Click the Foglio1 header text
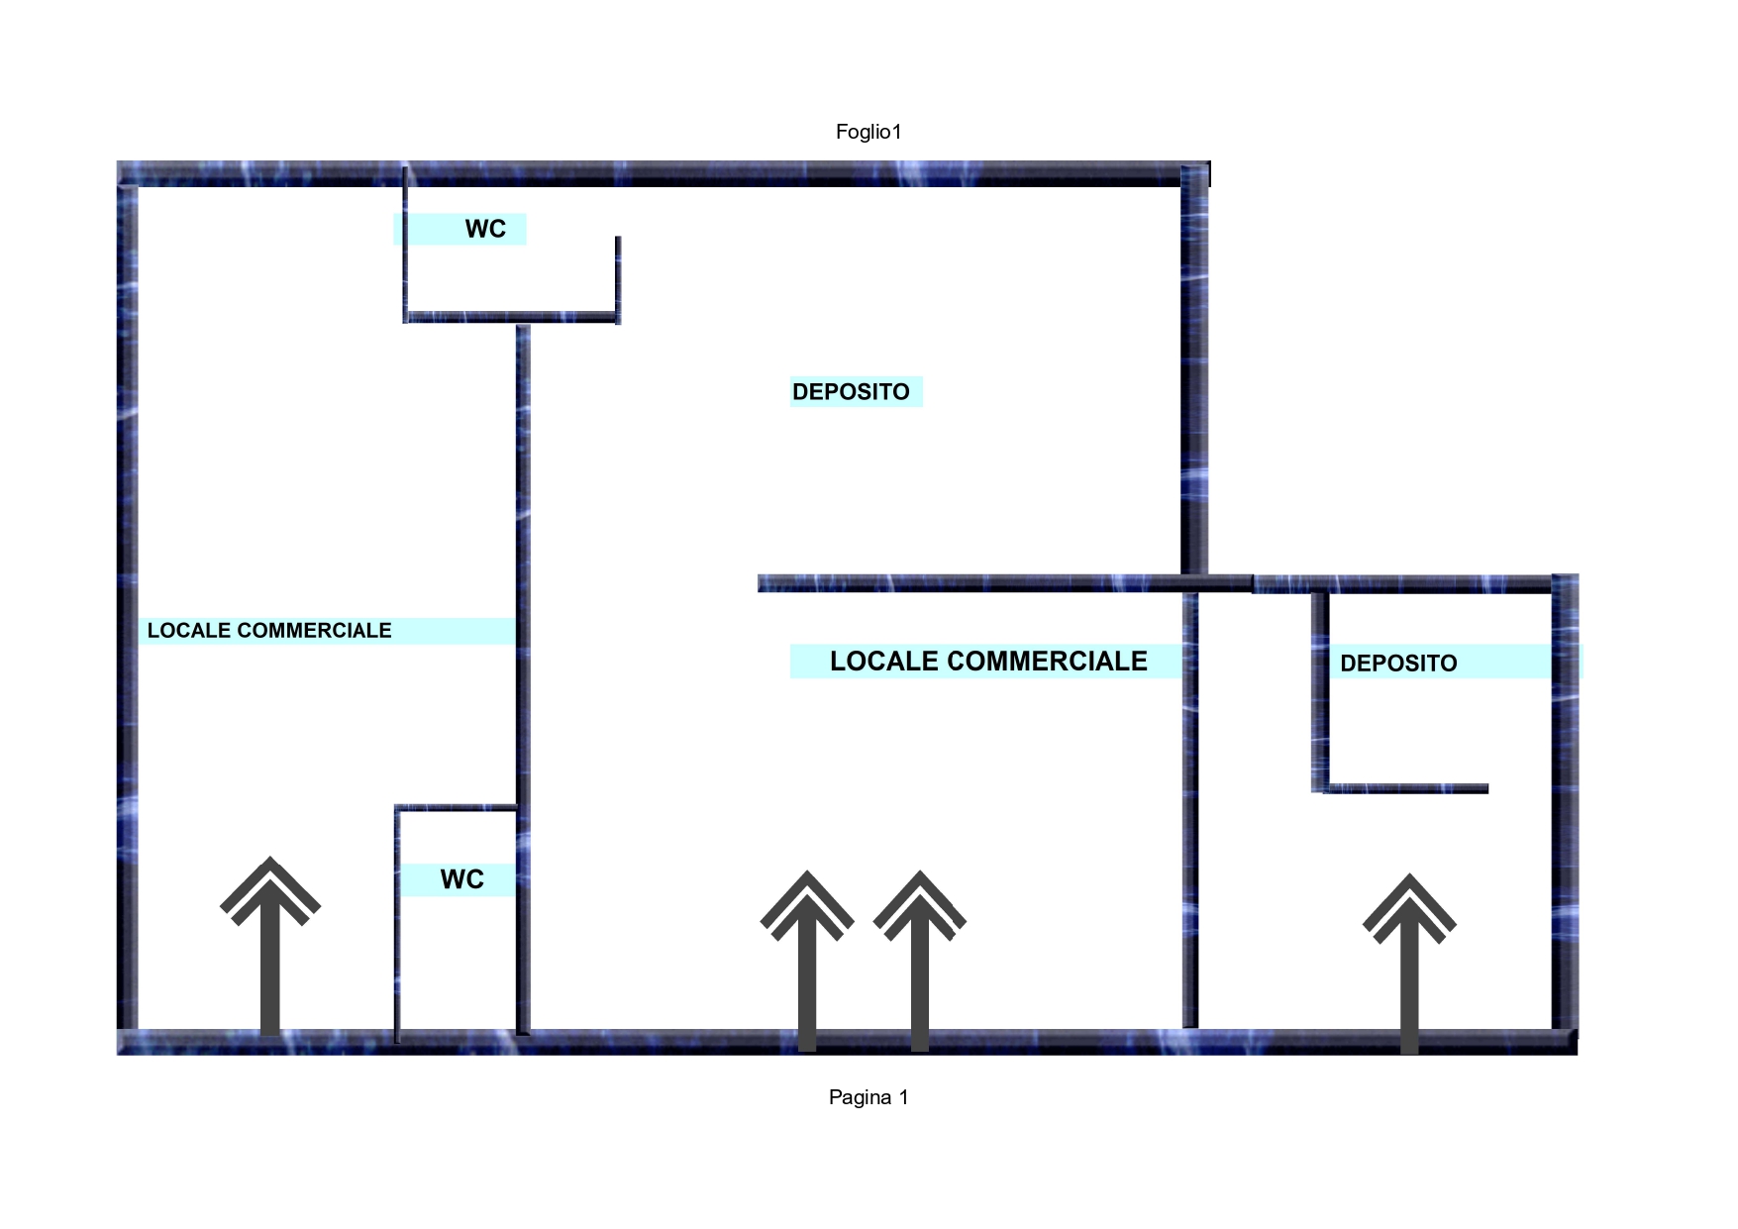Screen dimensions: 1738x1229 click(x=869, y=132)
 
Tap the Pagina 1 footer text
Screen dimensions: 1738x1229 click(x=869, y=1097)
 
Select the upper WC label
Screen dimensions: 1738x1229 click(x=485, y=229)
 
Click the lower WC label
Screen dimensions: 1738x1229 click(x=461, y=879)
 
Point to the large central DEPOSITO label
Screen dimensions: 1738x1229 click(x=851, y=392)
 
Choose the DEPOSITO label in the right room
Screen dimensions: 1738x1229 click(x=1398, y=664)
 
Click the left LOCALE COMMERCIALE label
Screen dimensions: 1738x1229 click(x=269, y=631)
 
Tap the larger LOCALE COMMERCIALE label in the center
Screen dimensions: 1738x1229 click(x=988, y=662)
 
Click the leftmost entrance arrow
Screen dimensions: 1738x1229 click(x=270, y=946)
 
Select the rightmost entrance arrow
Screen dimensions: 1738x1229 click(x=1409, y=963)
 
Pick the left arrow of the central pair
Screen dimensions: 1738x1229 click(x=807, y=961)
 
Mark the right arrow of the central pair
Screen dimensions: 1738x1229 click(x=920, y=961)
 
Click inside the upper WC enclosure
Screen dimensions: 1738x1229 click(x=510, y=277)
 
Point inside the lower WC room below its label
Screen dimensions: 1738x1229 click(x=457, y=961)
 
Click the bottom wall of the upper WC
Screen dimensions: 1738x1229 click(x=511, y=317)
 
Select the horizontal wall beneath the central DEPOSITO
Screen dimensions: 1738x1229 click(x=1005, y=583)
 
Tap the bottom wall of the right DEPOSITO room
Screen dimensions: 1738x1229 click(x=1405, y=788)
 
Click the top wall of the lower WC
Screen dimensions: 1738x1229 click(x=457, y=808)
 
